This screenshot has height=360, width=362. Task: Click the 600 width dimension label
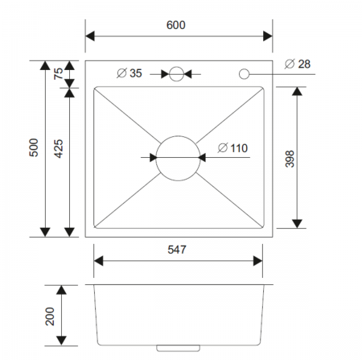175,25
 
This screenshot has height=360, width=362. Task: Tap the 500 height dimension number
34,147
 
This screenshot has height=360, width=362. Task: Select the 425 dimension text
59,148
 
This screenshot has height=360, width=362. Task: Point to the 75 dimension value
59,73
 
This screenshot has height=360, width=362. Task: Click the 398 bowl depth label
290,159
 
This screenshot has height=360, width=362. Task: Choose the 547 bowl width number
177,250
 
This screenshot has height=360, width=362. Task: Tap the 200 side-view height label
50,317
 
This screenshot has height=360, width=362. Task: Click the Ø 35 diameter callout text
130,73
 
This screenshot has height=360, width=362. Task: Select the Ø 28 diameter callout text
298,64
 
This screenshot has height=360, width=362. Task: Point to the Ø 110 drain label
232,148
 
